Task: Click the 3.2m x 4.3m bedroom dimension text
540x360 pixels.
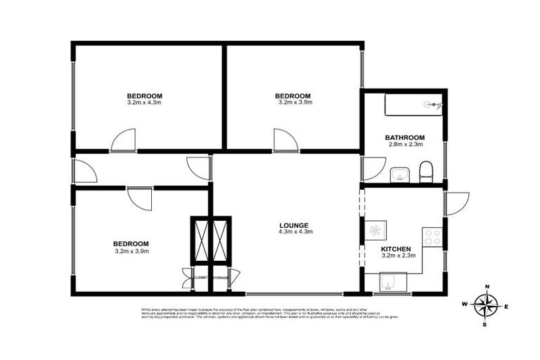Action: pyautogui.click(x=144, y=103)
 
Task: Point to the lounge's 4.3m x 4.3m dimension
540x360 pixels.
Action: pyautogui.click(x=295, y=231)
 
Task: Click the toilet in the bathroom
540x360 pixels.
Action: pyautogui.click(x=425, y=171)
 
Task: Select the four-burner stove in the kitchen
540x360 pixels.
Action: pyautogui.click(x=432, y=237)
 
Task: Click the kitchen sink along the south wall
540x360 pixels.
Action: pyautogui.click(x=389, y=283)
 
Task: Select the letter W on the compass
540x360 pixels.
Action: pyautogui.click(x=464, y=304)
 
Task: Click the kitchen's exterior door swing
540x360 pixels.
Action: pyautogui.click(x=454, y=203)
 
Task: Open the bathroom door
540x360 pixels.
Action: pyautogui.click(x=369, y=169)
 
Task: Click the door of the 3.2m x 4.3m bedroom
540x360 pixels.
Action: pyautogui.click(x=123, y=141)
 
